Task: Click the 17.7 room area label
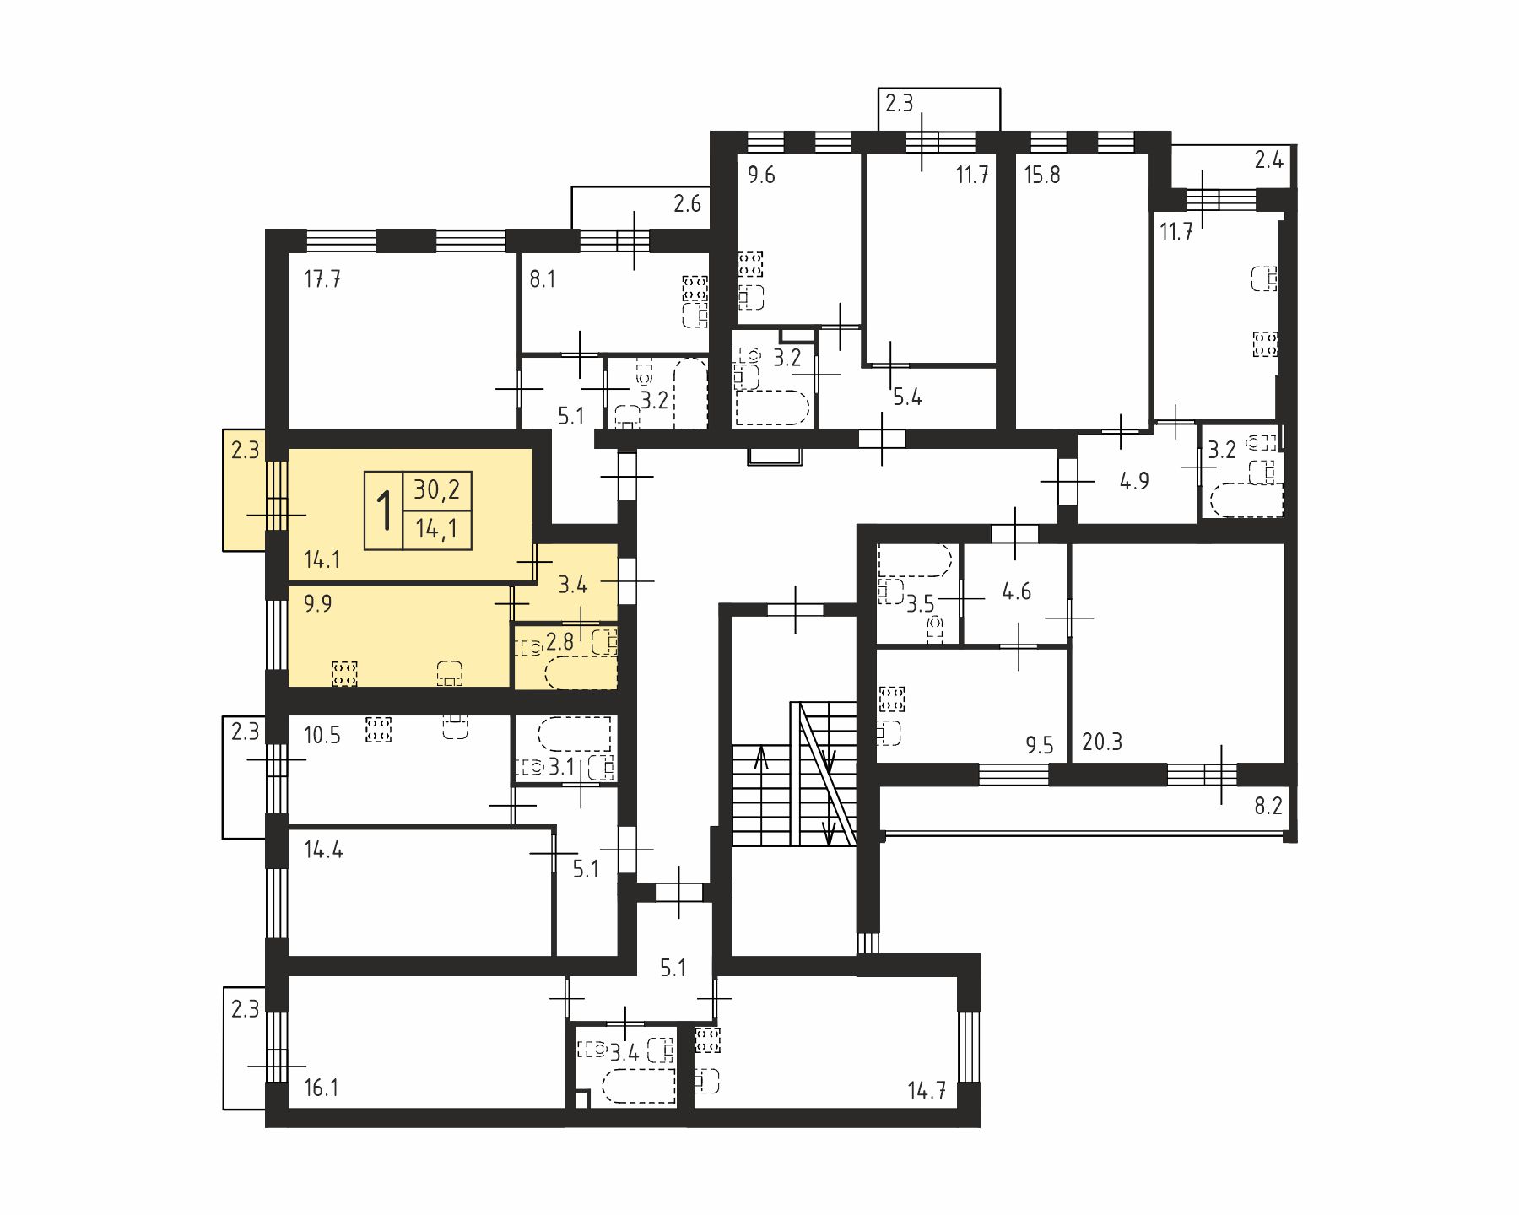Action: point(322,278)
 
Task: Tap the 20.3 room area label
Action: point(1102,742)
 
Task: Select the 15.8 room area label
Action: point(1042,175)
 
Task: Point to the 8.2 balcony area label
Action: point(1268,806)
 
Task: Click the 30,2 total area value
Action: point(437,489)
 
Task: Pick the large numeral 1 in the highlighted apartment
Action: point(385,510)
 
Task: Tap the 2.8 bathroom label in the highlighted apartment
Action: point(559,642)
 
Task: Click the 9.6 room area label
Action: point(761,175)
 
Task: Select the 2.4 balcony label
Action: point(1269,159)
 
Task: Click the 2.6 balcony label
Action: point(687,203)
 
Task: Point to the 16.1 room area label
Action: point(321,1088)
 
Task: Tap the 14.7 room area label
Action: point(927,1090)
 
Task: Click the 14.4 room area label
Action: point(323,850)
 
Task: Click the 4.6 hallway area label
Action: point(1017,591)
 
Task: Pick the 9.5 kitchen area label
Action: point(1040,745)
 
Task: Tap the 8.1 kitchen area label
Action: point(543,278)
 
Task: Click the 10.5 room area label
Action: point(322,735)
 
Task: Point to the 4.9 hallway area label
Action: point(1134,481)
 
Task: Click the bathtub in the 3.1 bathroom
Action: point(575,733)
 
